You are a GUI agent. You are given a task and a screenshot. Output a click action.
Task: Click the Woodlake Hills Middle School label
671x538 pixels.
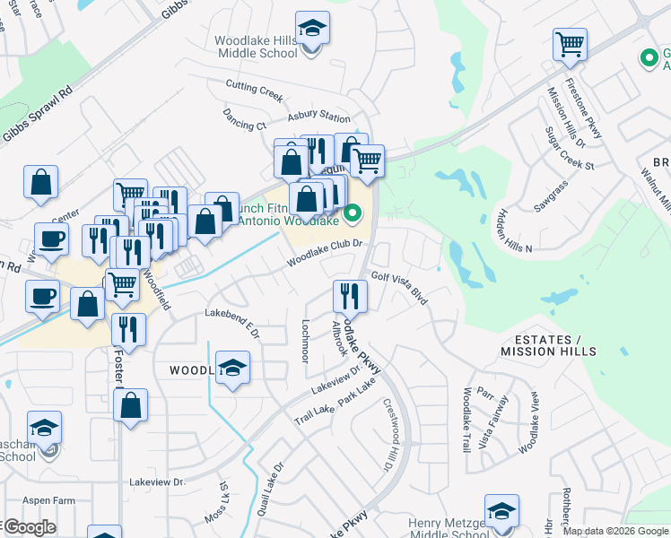click(x=257, y=47)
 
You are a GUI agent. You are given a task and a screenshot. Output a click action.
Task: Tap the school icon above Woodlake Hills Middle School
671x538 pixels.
click(x=312, y=29)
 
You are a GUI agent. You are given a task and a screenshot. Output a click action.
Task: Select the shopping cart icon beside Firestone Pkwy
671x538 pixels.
click(x=571, y=44)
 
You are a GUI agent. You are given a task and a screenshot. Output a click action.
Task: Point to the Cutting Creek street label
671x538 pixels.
click(x=254, y=87)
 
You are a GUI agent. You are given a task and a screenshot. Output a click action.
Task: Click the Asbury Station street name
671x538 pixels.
click(x=318, y=117)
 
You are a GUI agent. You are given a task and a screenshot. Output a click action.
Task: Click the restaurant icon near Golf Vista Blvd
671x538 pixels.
click(x=349, y=295)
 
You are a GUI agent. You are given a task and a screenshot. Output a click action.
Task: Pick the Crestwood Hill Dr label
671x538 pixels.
click(x=391, y=434)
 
